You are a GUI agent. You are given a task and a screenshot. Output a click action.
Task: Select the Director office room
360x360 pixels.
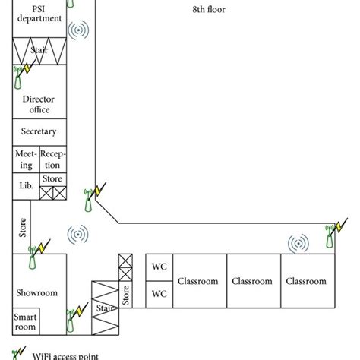(x=39, y=104)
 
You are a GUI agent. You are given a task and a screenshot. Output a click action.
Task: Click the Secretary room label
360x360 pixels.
(x=39, y=131)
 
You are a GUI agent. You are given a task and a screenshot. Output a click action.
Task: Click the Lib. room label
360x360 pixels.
(x=24, y=185)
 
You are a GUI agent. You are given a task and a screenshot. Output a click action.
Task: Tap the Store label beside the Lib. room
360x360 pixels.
(x=52, y=179)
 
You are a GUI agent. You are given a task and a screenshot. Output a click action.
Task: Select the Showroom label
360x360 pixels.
(x=37, y=292)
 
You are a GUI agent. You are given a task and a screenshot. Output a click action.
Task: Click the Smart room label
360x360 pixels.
(x=25, y=321)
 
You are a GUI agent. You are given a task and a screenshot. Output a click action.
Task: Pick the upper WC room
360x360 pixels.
(x=159, y=268)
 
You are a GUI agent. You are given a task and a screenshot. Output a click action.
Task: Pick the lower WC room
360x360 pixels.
(x=159, y=293)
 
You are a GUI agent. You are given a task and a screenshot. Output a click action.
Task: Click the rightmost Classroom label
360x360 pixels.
(x=306, y=281)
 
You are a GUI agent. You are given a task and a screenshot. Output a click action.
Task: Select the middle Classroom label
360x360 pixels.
(x=253, y=281)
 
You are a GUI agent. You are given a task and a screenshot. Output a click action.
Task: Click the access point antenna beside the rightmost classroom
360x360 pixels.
(x=330, y=237)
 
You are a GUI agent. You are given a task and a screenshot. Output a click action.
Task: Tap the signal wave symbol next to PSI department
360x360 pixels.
(x=78, y=31)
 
